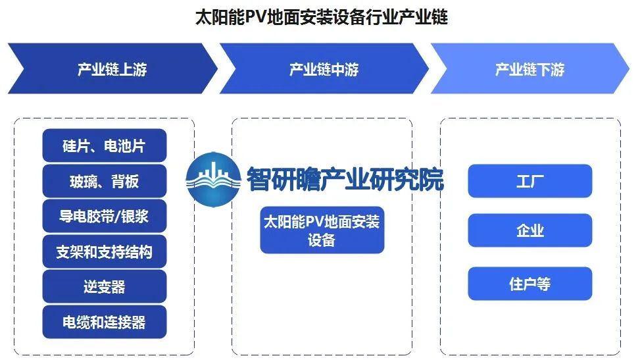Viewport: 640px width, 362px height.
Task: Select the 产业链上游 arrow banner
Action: (112, 69)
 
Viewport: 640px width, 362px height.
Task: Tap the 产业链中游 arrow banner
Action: (324, 69)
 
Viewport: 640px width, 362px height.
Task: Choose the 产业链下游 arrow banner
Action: (529, 69)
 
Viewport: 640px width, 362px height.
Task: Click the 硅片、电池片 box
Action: (104, 146)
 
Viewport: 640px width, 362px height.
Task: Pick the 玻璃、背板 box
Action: (104, 181)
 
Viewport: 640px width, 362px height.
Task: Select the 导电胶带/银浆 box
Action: (104, 216)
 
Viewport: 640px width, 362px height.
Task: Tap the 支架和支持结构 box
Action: (104, 251)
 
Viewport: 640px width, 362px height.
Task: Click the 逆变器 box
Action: (104, 286)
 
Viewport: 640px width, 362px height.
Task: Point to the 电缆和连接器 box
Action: (104, 322)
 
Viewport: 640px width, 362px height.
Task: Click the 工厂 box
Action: (529, 181)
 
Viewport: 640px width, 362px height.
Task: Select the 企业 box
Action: (529, 231)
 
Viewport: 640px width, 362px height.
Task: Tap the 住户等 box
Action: (529, 284)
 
